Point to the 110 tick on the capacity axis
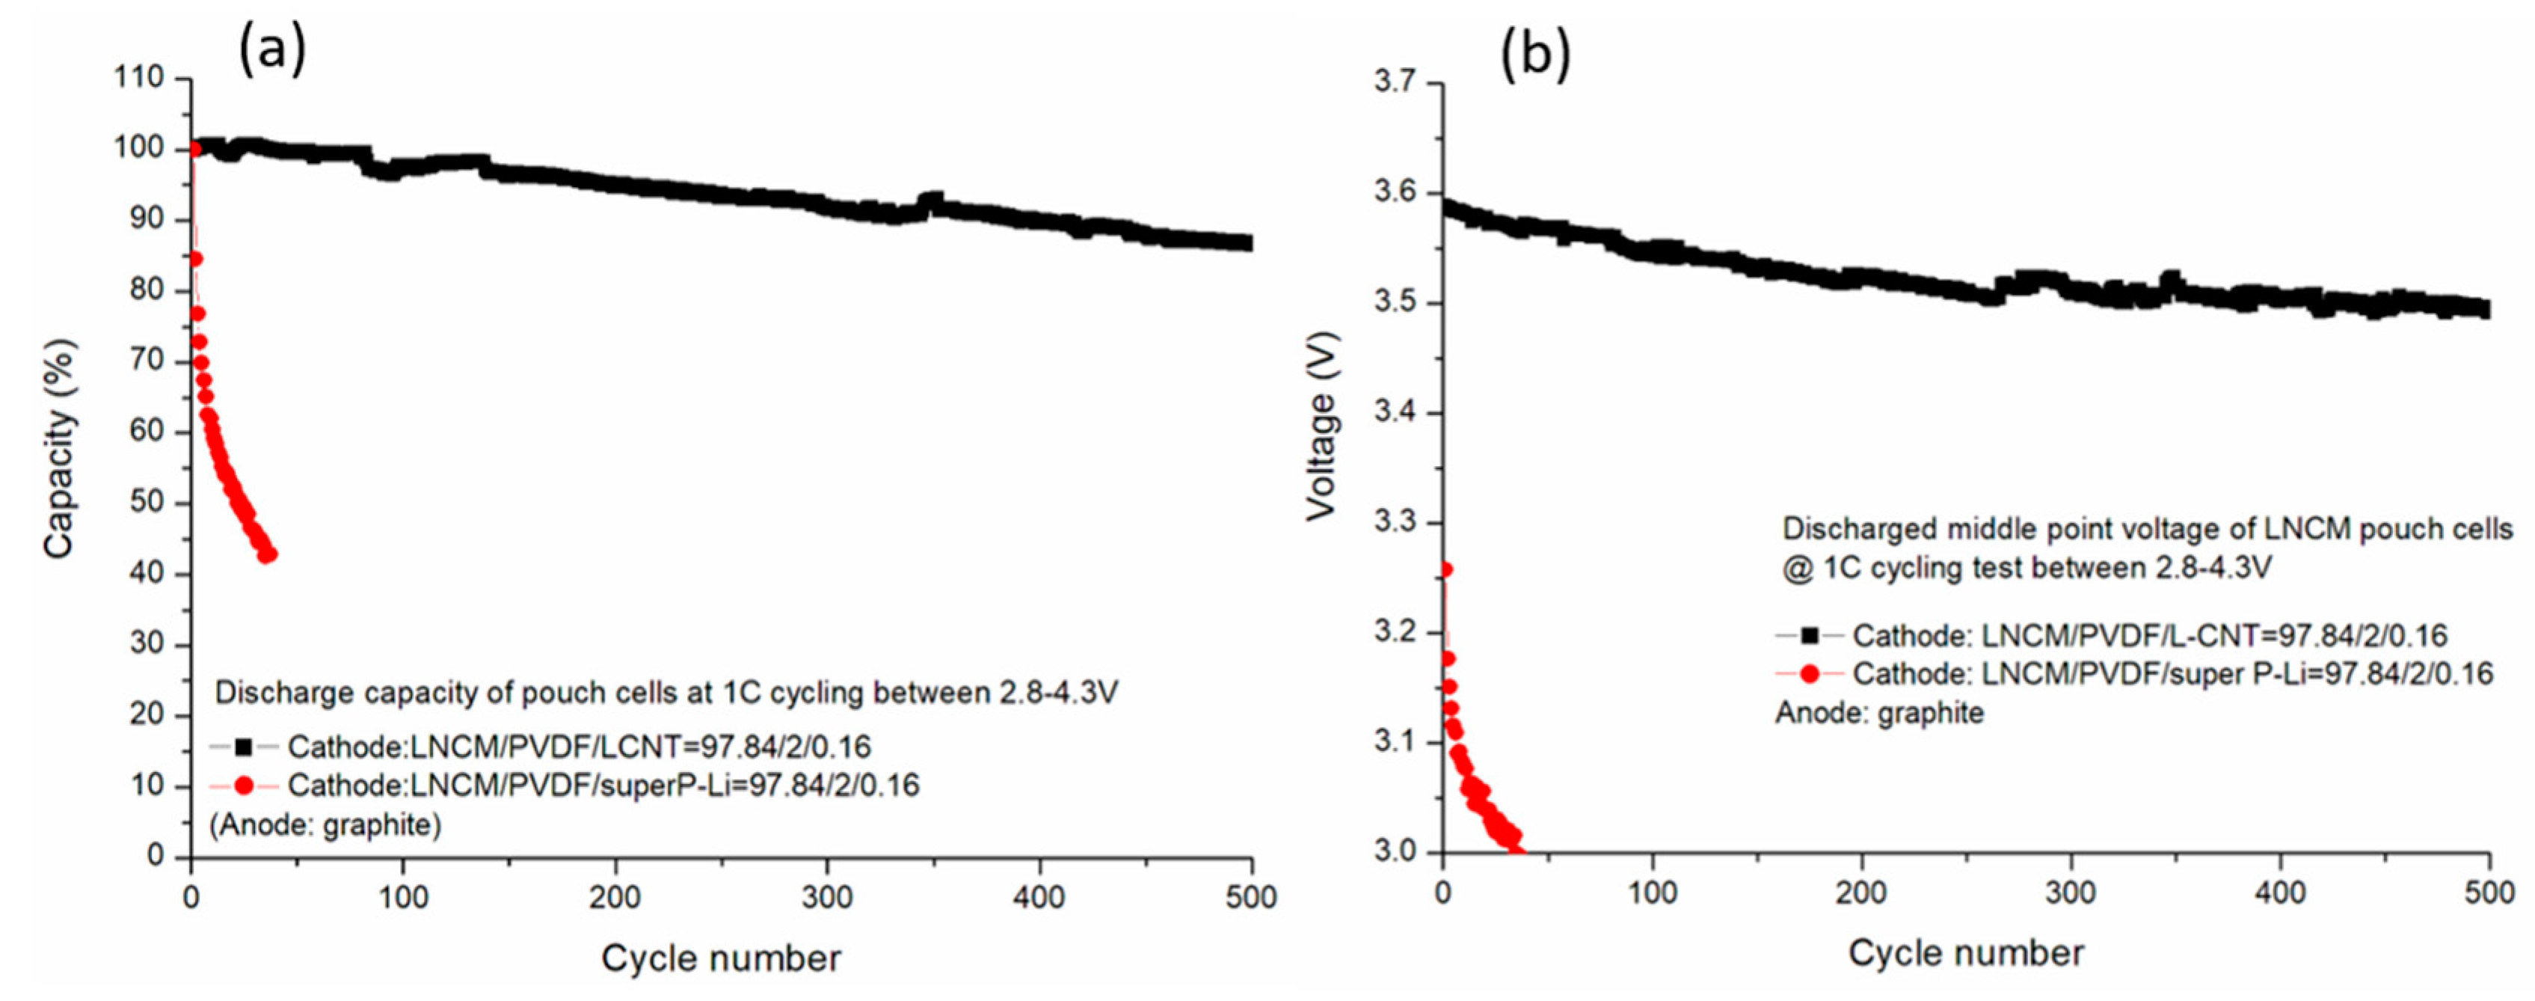click(139, 78)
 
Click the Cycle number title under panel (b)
click(1965, 953)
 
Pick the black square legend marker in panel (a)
click(243, 748)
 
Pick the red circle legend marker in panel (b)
click(1809, 674)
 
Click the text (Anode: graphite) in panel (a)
click(325, 825)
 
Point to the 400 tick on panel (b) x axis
click(2279, 893)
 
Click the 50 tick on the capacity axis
click(146, 503)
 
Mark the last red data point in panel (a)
click(268, 554)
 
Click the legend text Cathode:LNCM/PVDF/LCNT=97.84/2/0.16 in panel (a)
click(579, 748)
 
